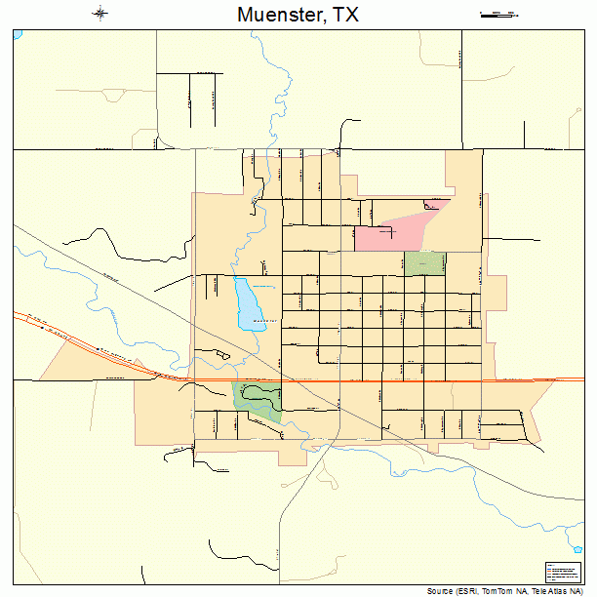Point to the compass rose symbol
100,14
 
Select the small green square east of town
424,262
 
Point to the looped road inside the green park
259,393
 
